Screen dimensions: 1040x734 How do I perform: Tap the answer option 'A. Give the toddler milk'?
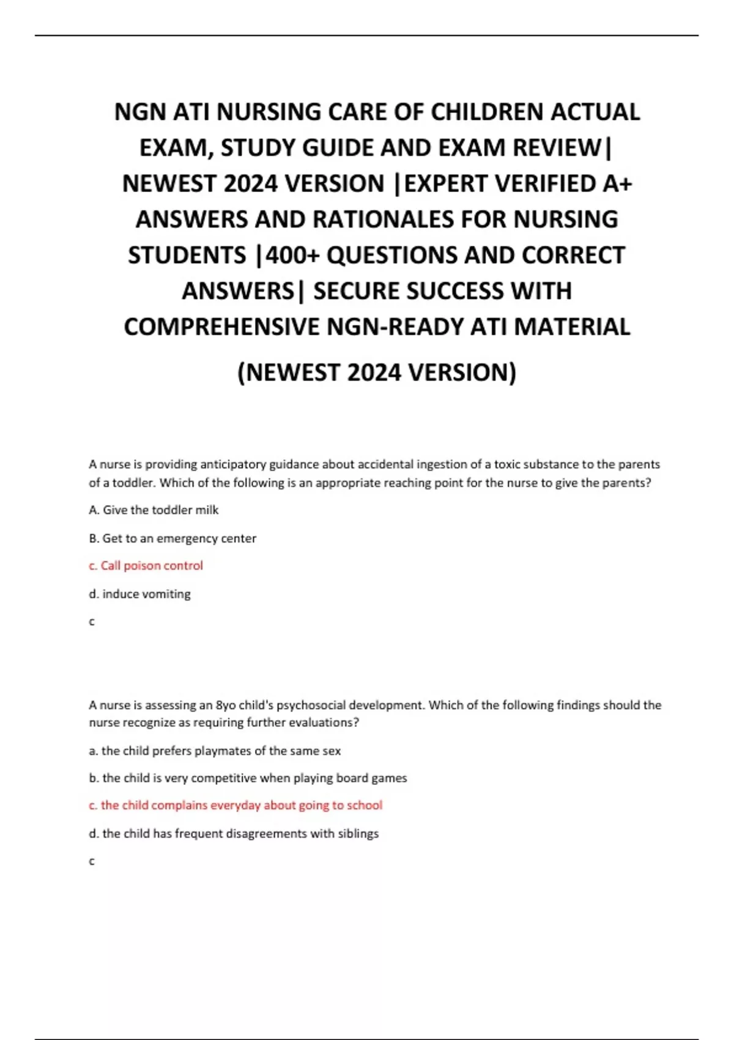[x=154, y=510]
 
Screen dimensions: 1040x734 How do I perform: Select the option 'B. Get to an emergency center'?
[x=172, y=538]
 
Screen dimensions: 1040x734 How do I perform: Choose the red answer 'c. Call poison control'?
[x=146, y=566]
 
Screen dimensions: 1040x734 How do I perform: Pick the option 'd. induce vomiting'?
[x=139, y=594]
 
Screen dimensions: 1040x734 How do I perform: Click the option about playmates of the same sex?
[x=215, y=751]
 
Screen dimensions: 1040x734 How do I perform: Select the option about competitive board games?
[x=248, y=778]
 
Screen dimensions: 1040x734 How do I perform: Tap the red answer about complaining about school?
[x=235, y=806]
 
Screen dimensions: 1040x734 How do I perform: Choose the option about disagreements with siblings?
[x=234, y=833]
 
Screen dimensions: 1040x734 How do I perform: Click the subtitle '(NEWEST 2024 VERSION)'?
[x=377, y=372]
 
